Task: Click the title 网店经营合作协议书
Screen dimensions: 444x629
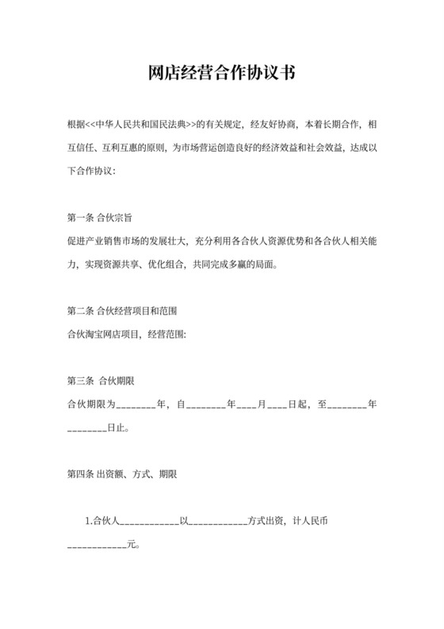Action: coord(222,74)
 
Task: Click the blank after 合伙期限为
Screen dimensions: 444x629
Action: coord(136,405)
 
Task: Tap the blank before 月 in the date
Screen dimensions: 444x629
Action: coord(247,405)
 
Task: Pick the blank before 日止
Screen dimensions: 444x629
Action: coord(87,428)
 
